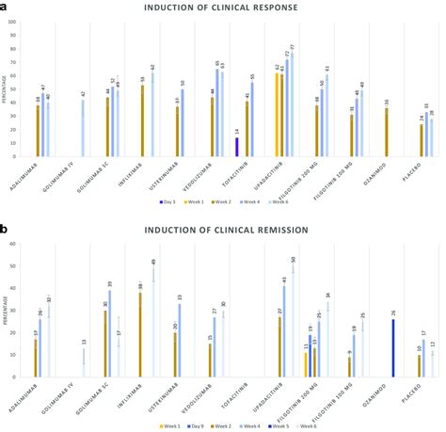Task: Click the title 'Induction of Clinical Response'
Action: point(223,8)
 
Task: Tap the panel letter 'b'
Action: point(5,228)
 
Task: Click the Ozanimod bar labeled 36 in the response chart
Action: point(387,132)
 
